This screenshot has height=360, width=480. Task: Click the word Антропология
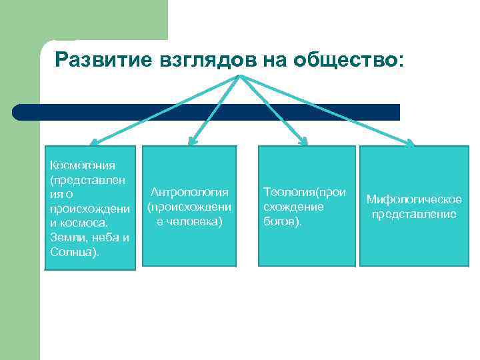191,193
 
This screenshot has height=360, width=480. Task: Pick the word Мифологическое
414,199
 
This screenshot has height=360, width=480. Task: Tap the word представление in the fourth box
414,214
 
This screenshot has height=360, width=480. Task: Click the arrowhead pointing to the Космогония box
94,141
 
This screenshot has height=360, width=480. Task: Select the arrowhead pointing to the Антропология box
192,141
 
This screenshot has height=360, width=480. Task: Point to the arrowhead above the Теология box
303,141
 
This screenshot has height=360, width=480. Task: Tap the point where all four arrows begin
240,76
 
